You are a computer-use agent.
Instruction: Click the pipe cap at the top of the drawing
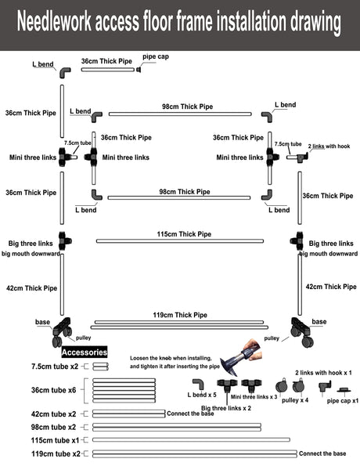pos(139,70)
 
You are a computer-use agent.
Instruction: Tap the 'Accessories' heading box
pos(85,352)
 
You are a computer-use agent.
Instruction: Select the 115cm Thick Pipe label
pos(184,234)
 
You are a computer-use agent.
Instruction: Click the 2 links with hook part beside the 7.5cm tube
pos(302,157)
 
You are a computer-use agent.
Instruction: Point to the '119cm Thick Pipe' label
pos(180,315)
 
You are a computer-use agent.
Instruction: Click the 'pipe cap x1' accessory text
pos(343,401)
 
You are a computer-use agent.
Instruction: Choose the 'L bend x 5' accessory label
pos(202,395)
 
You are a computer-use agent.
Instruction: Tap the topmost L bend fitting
pos(65,73)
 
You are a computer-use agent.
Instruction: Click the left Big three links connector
pos(65,241)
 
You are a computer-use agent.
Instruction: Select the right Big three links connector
pos(297,240)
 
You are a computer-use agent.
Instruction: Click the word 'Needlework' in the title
pos(54,21)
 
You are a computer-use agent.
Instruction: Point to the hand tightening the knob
pos(252,349)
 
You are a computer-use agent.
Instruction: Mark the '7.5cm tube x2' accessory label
pos(55,367)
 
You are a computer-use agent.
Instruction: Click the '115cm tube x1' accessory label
pos(55,440)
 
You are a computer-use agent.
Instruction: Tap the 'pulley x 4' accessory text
pos(295,400)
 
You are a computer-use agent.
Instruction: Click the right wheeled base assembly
pos(302,332)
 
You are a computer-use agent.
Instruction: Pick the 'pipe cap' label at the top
pos(156,56)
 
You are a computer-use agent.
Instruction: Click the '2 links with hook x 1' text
pos(323,373)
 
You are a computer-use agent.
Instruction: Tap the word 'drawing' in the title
pos(315,22)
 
